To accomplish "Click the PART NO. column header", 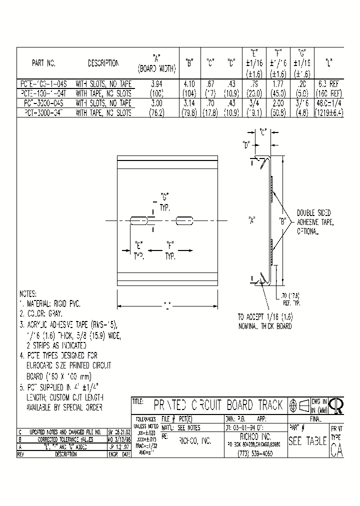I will (x=43, y=63).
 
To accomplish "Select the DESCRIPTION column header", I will (x=103, y=63).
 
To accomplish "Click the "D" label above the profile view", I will (x=246, y=146).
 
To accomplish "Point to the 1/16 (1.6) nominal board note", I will (x=264, y=321).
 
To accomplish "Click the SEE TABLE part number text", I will (x=307, y=441).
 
